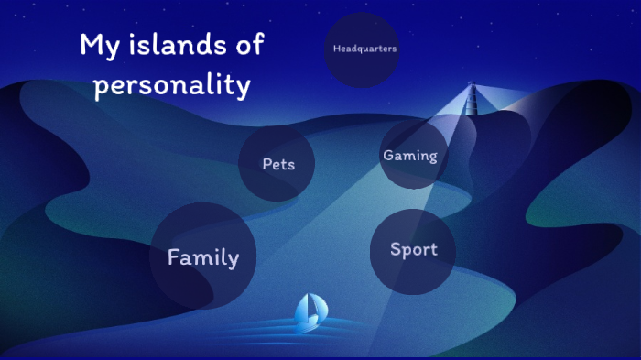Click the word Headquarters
pyautogui.click(x=364, y=49)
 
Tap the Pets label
pyautogui.click(x=278, y=165)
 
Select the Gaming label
pyautogui.click(x=410, y=156)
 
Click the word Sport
pyautogui.click(x=414, y=249)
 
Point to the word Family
pyautogui.click(x=203, y=258)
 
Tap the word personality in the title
pyautogui.click(x=172, y=85)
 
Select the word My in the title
pyautogui.click(x=99, y=45)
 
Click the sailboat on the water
pyautogui.click(x=310, y=311)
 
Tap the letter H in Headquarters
pyautogui.click(x=336, y=49)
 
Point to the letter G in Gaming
pyautogui.click(x=388, y=155)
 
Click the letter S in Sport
pyautogui.click(x=396, y=249)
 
